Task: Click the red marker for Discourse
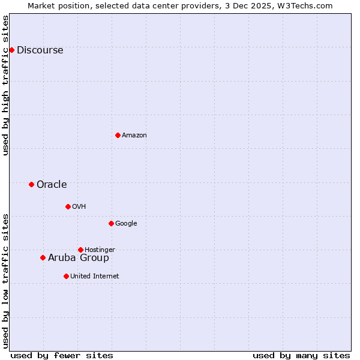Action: click(x=11, y=50)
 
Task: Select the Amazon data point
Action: click(x=118, y=135)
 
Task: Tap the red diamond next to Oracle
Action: click(x=31, y=184)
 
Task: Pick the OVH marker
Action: click(x=68, y=206)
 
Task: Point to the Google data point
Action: click(x=111, y=223)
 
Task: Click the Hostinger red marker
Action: click(x=80, y=250)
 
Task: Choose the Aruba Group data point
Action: click(x=43, y=257)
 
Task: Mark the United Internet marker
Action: click(x=66, y=276)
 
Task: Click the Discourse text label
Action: click(x=40, y=50)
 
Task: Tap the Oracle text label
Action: click(x=52, y=184)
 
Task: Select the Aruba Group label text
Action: click(x=79, y=257)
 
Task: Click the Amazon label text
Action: click(x=134, y=135)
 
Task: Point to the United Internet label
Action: click(x=95, y=276)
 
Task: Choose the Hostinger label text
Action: click(x=100, y=250)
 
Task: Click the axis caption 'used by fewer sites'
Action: click(x=62, y=355)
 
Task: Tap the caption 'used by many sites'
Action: click(x=301, y=355)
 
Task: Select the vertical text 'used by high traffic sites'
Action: click(x=5, y=85)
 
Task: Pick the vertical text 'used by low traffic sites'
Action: click(x=5, y=281)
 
